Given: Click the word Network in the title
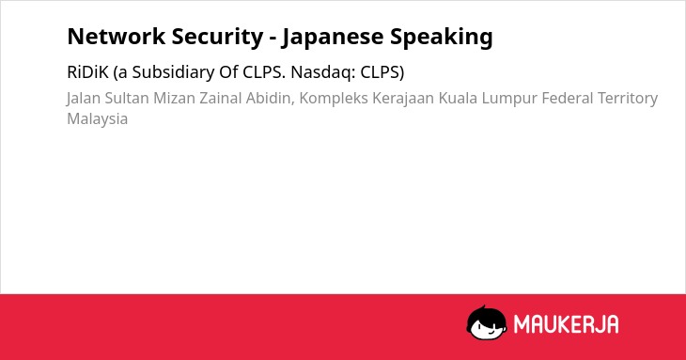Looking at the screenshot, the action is pyautogui.click(x=117, y=37).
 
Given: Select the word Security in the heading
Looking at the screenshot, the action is pyautogui.click(x=217, y=38).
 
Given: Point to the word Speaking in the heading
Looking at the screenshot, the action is pyautogui.click(x=442, y=38).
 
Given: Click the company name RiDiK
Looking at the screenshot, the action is pyautogui.click(x=87, y=72).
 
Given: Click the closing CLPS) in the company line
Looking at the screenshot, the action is pyautogui.click(x=382, y=72).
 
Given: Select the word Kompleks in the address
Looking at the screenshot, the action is pyautogui.click(x=334, y=99).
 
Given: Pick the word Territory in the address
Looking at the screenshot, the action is pyautogui.click(x=628, y=99).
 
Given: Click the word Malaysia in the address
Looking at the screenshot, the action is pyautogui.click(x=98, y=119).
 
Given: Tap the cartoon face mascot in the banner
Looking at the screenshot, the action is pyautogui.click(x=487, y=322).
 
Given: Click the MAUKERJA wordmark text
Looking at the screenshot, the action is pyautogui.click(x=566, y=324).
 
